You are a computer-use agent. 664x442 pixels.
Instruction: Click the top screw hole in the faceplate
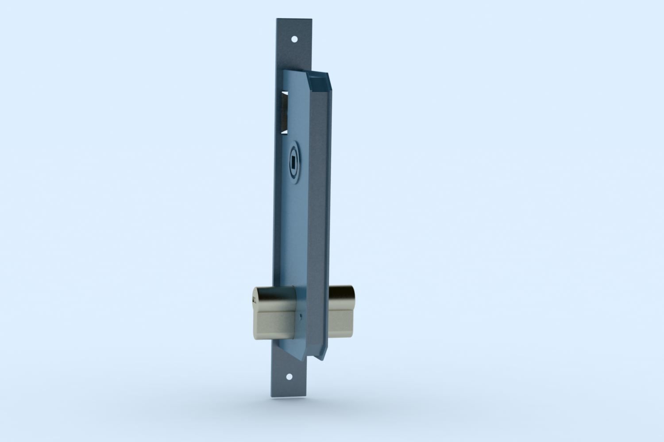294,39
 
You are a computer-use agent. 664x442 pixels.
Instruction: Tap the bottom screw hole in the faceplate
290,377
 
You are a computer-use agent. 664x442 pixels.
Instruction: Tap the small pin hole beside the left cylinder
301,316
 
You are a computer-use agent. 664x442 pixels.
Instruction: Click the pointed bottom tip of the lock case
321,357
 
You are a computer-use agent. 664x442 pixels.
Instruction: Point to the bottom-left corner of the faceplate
270,398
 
